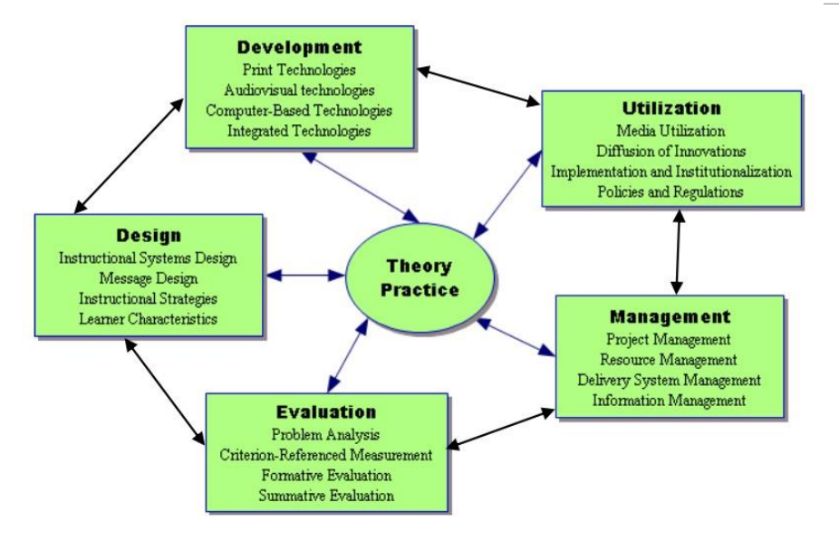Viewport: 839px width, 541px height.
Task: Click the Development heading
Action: tap(300, 47)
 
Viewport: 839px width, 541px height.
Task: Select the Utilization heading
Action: tap(671, 108)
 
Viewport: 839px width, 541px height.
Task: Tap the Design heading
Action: tap(149, 236)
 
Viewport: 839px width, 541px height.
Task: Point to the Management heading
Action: tap(670, 316)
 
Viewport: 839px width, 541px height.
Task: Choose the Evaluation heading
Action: tap(326, 411)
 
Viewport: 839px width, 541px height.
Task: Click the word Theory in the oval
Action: tap(419, 266)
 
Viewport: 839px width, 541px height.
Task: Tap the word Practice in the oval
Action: tap(419, 289)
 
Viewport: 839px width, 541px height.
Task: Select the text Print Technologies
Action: tap(299, 70)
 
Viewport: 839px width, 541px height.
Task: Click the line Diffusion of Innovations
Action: tap(671, 151)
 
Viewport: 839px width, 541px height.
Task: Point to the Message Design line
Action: tap(149, 278)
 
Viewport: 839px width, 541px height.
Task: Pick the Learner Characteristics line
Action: tap(149, 319)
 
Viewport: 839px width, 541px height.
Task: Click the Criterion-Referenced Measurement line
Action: tap(326, 455)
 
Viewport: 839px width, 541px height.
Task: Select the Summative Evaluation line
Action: tap(326, 496)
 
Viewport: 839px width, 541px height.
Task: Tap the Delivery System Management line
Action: tap(669, 380)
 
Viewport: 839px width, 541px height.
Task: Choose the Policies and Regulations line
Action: tap(670, 191)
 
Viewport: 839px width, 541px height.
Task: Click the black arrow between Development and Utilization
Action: tap(478, 86)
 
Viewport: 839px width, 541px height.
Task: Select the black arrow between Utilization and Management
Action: tap(679, 252)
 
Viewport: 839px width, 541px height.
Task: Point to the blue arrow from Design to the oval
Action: tap(305, 275)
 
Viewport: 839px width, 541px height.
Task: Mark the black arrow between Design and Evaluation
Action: tap(165, 391)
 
